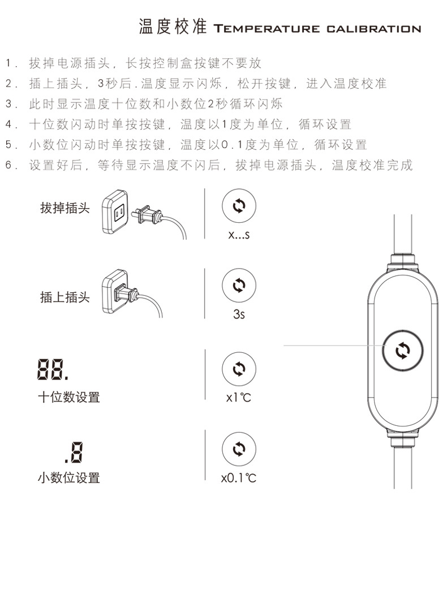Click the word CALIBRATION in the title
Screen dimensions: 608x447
click(x=373, y=29)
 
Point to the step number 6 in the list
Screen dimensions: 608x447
click(x=8, y=165)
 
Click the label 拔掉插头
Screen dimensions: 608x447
click(x=65, y=208)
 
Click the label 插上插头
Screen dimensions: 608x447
click(x=65, y=297)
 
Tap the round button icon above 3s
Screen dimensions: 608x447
click(x=238, y=285)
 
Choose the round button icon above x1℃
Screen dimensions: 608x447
click(x=238, y=369)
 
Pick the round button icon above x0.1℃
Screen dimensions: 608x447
click(x=238, y=450)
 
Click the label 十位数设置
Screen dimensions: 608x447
click(x=68, y=397)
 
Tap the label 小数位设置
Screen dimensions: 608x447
click(x=68, y=478)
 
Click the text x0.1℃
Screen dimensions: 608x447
click(x=239, y=478)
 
